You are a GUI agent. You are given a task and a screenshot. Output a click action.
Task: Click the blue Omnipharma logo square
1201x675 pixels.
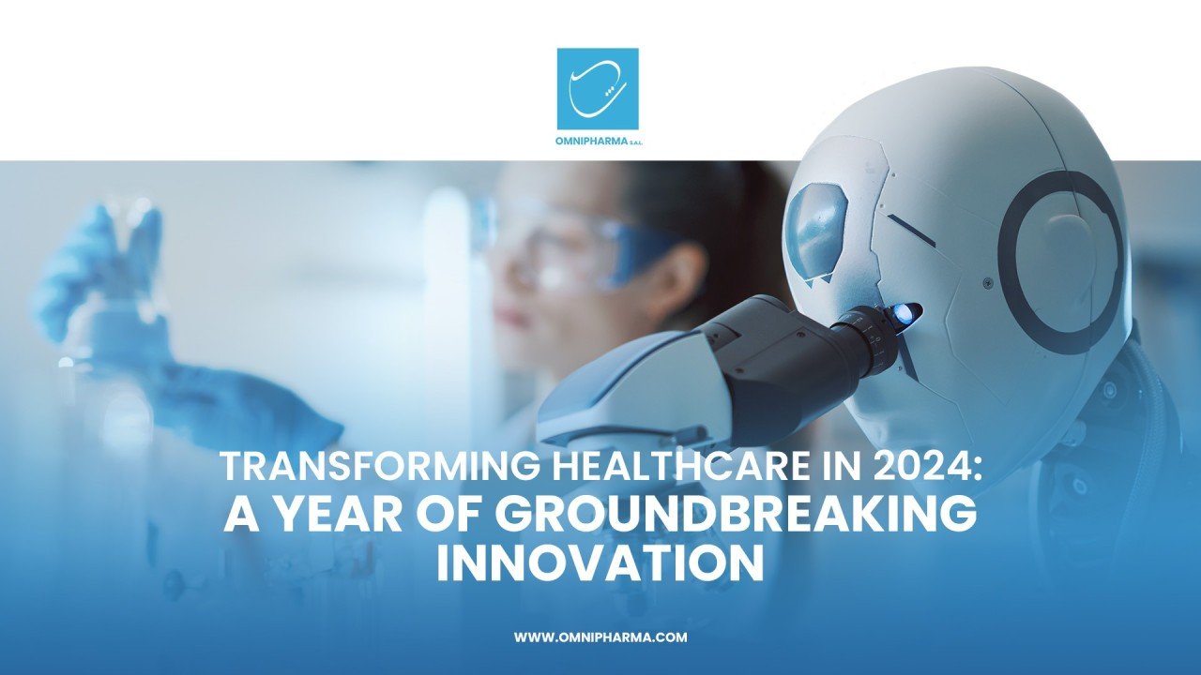click(x=598, y=88)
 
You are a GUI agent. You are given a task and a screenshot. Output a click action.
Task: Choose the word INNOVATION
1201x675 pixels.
click(x=600, y=565)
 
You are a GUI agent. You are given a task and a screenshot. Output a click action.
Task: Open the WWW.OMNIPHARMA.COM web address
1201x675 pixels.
click(x=600, y=637)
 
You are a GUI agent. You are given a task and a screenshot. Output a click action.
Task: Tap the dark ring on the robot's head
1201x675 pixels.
click(x=1059, y=262)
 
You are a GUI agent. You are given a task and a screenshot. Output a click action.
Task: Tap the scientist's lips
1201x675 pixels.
click(x=512, y=317)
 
